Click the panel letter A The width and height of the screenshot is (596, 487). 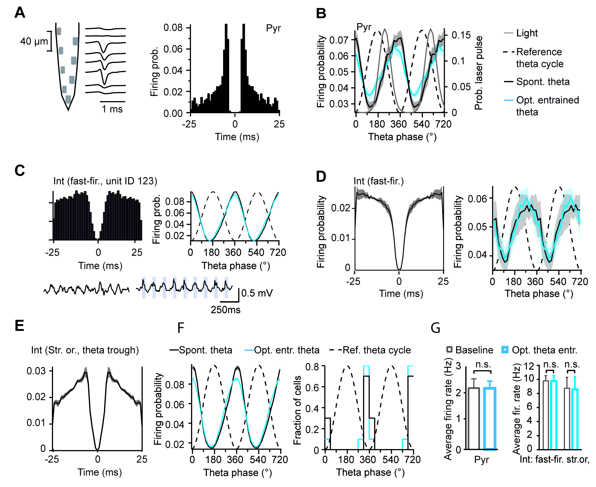pos(20,13)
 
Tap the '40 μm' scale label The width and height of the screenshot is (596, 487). pos(34,42)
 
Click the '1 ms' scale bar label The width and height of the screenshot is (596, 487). pos(112,109)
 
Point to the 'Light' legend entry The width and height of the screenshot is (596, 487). pos(527,33)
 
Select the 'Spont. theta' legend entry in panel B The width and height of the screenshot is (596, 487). pos(542,82)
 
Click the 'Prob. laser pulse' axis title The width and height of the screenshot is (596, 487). pos(478,73)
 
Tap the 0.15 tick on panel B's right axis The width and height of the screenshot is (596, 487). pos(461,35)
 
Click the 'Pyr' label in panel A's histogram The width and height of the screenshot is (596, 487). pos(273,28)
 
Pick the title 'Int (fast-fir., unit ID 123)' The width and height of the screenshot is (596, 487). pos(105,181)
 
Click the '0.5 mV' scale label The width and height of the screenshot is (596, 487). pos(257,293)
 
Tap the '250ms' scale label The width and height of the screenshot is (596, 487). pos(225,310)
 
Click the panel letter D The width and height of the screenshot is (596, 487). pos(321,176)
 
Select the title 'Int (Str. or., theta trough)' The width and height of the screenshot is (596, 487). pos(85,350)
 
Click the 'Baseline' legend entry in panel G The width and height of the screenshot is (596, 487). pos(474,350)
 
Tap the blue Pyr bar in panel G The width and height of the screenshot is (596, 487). pos(490,418)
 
